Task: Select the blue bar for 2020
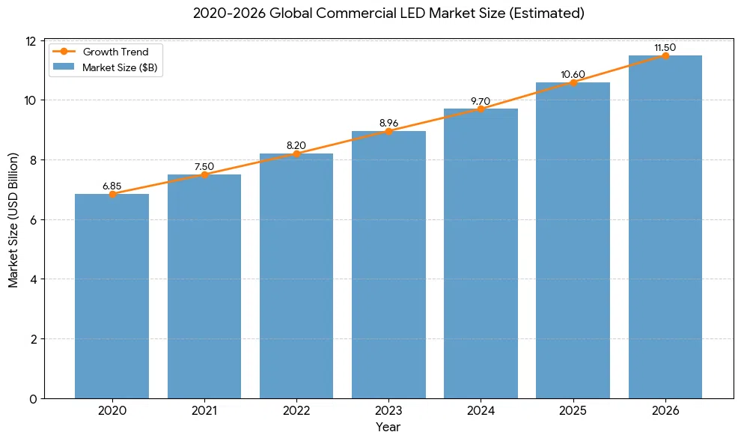tap(112, 296)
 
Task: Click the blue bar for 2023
tap(388, 265)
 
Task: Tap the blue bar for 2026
tap(665, 227)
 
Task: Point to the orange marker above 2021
tap(204, 175)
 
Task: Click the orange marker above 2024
tap(481, 109)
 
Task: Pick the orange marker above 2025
tap(573, 82)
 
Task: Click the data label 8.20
tap(296, 145)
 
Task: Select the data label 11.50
tap(665, 48)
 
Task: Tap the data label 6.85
tap(112, 186)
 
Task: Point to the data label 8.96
tap(388, 123)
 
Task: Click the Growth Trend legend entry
tap(100, 52)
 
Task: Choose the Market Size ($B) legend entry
tap(105, 67)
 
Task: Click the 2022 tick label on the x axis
tap(296, 410)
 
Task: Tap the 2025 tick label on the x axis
tap(573, 410)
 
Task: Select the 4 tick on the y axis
tap(33, 279)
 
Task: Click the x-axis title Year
tap(388, 427)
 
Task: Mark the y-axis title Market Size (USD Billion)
tap(13, 220)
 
